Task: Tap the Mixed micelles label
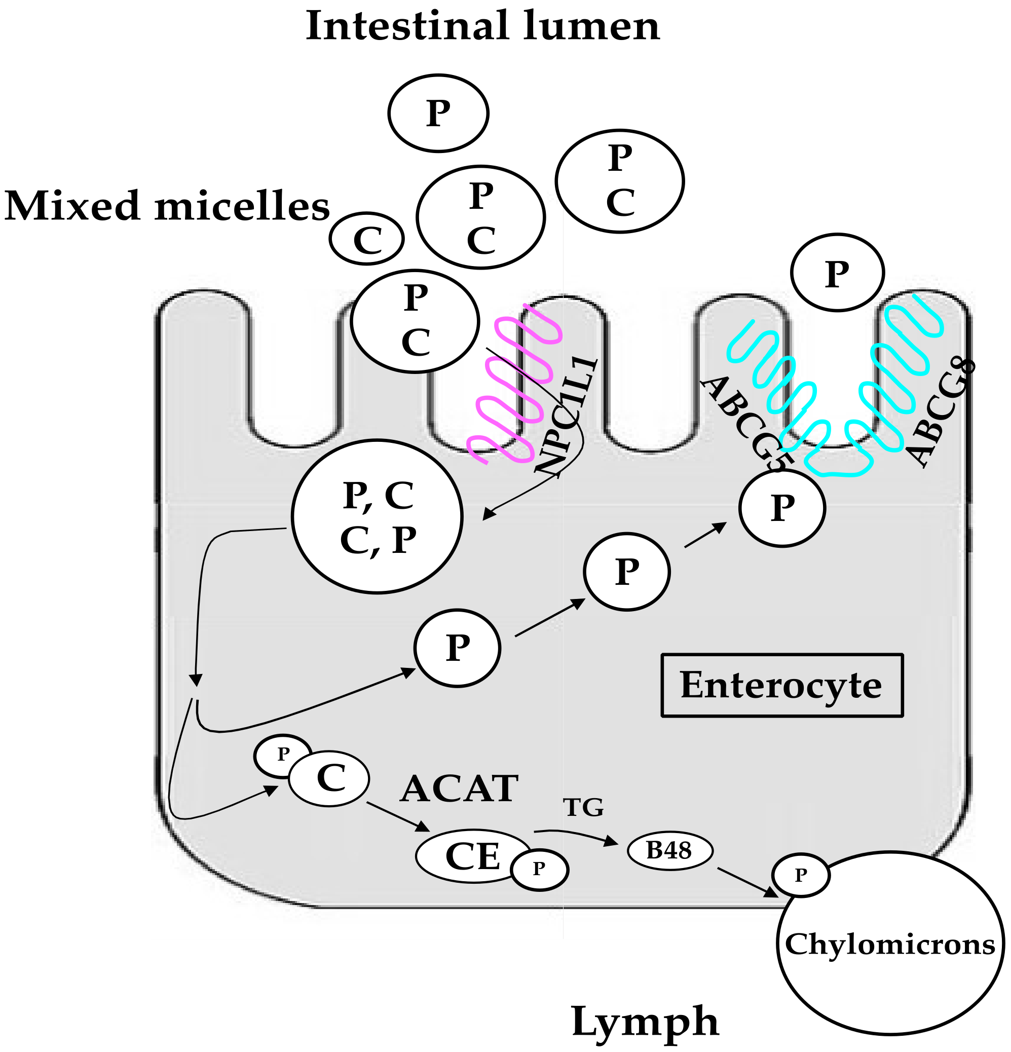pyautogui.click(x=166, y=206)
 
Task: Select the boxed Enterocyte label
pyautogui.click(x=781, y=686)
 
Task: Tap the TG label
pyautogui.click(x=583, y=807)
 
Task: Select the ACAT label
pyautogui.click(x=459, y=789)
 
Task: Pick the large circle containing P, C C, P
pyautogui.click(x=377, y=516)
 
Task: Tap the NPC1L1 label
pyautogui.click(x=566, y=416)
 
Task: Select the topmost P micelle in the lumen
pyautogui.click(x=438, y=113)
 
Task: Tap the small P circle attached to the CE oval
pyautogui.click(x=539, y=869)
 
